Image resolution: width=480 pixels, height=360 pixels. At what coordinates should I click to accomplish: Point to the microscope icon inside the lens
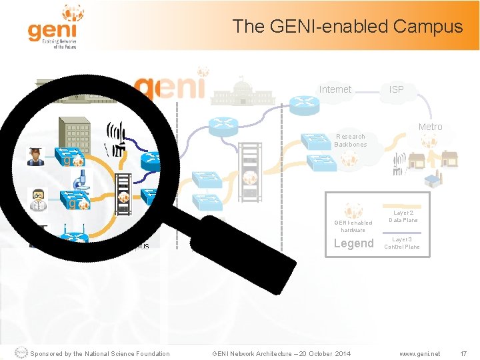[81, 180]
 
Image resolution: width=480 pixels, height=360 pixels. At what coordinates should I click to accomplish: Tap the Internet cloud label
[335, 89]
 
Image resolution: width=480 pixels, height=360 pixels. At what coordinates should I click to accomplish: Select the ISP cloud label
[396, 89]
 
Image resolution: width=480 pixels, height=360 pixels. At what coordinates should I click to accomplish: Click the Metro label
[430, 127]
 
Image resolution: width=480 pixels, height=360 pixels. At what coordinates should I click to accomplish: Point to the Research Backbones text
[350, 140]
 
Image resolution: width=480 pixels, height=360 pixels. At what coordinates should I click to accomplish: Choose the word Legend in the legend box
[353, 243]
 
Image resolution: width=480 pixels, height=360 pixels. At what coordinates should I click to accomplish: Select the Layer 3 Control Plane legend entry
[401, 243]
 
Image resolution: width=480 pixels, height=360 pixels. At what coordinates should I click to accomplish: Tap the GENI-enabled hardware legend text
[353, 226]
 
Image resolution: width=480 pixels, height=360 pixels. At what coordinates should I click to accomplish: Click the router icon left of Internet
[303, 104]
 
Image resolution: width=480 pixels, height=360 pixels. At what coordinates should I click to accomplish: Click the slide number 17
[464, 353]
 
